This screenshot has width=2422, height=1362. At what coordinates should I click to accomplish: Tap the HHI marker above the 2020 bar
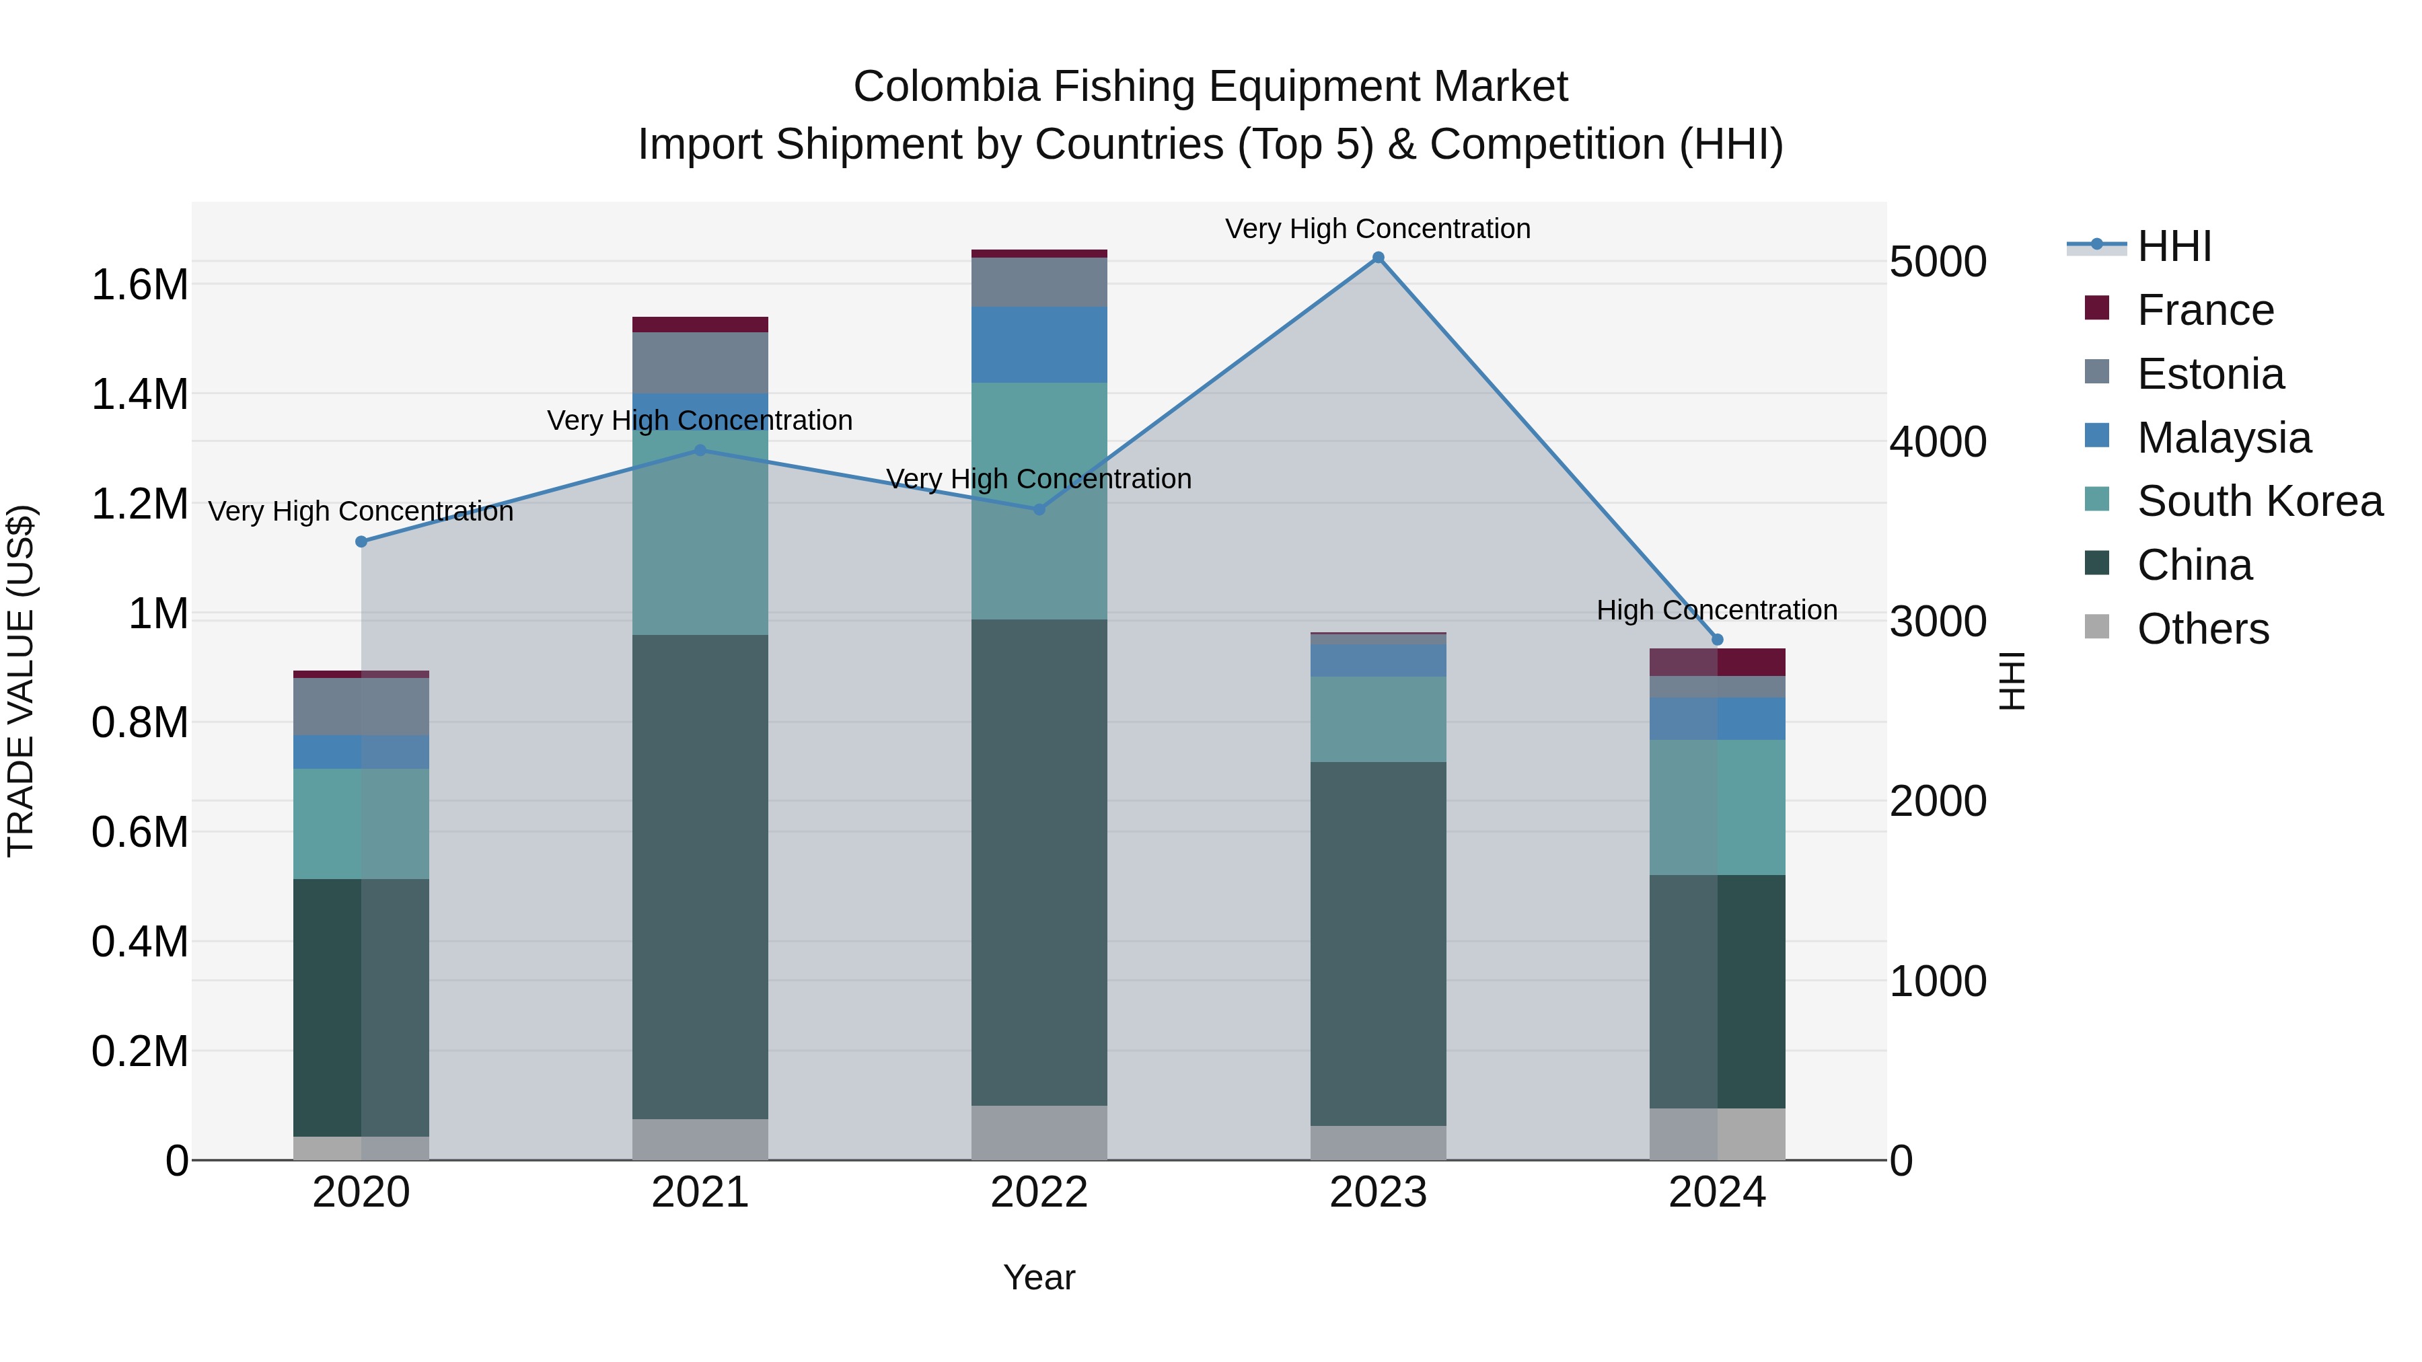coord(361,541)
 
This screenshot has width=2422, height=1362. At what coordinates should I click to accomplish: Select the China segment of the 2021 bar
coord(700,874)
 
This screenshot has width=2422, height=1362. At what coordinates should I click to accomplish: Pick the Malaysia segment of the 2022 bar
coord(1039,344)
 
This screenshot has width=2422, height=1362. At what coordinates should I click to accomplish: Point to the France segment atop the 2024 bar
coord(1717,662)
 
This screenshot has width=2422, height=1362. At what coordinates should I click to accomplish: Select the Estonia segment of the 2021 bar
coord(700,362)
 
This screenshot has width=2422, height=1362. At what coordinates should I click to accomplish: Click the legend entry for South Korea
coord(2259,501)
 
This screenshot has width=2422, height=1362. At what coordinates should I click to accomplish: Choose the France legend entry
coord(2205,310)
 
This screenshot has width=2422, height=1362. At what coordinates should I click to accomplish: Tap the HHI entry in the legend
coord(2174,246)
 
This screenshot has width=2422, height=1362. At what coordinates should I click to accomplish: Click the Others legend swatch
coord(2096,627)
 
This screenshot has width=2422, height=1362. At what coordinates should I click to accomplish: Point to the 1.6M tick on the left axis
coord(139,285)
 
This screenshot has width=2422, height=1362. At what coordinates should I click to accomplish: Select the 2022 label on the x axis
coord(1039,1193)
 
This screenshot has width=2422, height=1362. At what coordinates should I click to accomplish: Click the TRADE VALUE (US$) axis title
coord(21,681)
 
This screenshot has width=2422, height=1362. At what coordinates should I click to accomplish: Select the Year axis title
coord(1039,1277)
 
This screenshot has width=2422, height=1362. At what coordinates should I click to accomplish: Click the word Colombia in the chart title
coord(946,87)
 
